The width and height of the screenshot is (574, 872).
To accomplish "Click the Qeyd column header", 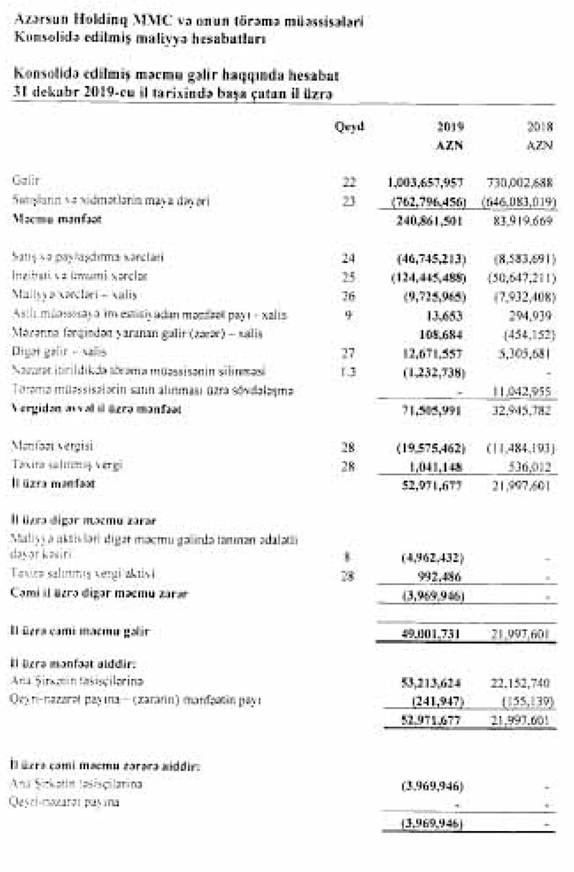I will tap(349, 127).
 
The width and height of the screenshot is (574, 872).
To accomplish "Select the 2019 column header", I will tap(450, 127).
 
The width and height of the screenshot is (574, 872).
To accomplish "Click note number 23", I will tap(349, 202).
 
